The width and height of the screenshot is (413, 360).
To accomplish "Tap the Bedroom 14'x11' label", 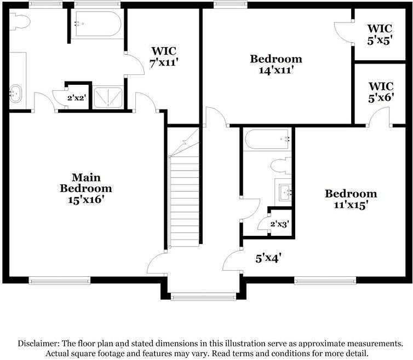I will pos(276,64).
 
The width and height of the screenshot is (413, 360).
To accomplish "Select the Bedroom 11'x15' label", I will pos(351,199).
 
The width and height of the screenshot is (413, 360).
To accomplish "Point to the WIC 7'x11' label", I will pos(164,57).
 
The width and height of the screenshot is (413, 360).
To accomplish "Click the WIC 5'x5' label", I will pos(380,33).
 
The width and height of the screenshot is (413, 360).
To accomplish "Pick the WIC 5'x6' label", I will pos(380,92).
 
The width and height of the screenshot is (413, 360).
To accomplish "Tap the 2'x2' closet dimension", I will pos(76,99).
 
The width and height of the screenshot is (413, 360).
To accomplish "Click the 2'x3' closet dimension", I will pos(279,223).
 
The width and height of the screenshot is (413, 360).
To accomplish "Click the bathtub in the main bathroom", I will pos(96,24).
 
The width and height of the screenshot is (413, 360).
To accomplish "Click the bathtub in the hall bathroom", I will pos(267,140).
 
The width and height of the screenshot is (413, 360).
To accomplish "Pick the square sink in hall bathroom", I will pos(285,192).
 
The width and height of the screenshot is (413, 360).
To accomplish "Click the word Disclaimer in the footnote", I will pos(39,344).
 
